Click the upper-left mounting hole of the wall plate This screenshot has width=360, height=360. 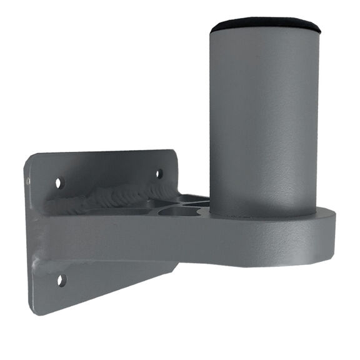click(x=60, y=183)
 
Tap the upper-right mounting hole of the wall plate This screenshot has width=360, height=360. click(x=159, y=173)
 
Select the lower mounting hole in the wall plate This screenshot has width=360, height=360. click(x=61, y=280)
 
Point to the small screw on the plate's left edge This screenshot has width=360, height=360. click(x=28, y=181)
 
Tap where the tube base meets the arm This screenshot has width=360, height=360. click(x=262, y=214)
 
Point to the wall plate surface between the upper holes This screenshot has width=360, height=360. click(x=109, y=172)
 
